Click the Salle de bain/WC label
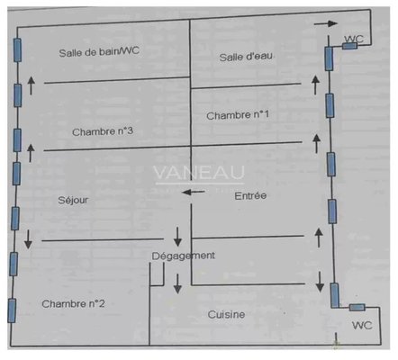[99, 51]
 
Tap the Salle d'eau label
[246, 57]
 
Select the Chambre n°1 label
[238, 115]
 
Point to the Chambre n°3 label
[103, 131]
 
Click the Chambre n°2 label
[73, 304]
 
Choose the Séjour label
[73, 200]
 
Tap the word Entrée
[250, 195]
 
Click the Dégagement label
[183, 256]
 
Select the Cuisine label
[226, 314]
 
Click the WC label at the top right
[354, 39]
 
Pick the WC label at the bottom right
[362, 325]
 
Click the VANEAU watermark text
[199, 173]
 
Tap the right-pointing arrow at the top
[326, 23]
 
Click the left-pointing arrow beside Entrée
[194, 192]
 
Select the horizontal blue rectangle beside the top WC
[349, 46]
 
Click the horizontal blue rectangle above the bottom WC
[357, 307]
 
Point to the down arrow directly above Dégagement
[177, 237]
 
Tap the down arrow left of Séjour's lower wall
[28, 239]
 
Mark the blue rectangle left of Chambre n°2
[12, 310]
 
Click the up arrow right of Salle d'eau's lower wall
[315, 85]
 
